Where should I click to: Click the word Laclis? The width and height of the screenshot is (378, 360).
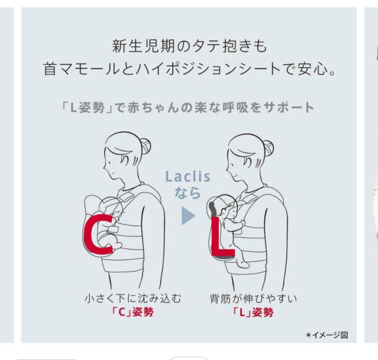188,177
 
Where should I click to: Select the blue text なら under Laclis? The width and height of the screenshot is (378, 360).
188,193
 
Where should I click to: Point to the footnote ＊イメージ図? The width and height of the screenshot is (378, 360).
327,335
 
